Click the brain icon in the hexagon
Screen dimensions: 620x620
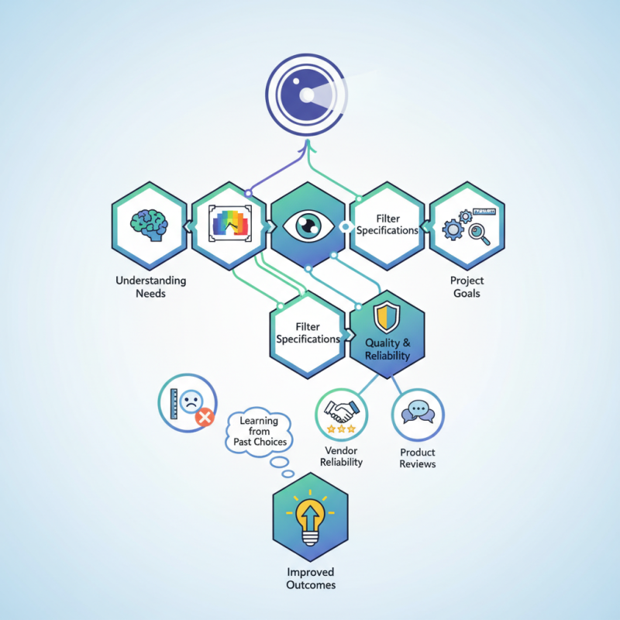[149, 225]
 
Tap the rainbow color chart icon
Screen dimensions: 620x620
[229, 223]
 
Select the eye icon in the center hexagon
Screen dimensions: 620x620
[308, 225]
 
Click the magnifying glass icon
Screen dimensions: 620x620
[479, 234]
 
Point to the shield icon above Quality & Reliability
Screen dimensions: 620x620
[387, 317]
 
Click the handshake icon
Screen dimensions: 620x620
[342, 411]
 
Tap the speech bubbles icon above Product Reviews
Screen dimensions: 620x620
[418, 412]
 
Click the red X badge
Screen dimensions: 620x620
[205, 418]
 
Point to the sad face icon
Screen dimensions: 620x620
[191, 401]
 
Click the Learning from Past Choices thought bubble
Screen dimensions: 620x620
[260, 432]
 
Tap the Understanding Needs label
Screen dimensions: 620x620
[150, 287]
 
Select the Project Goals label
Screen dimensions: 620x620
[467, 287]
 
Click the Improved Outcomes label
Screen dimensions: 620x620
[311, 578]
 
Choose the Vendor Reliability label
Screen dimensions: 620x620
[341, 456]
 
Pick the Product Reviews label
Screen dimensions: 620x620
[418, 458]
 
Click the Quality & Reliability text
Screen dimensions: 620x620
[387, 350]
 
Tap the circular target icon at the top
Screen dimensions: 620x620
[306, 95]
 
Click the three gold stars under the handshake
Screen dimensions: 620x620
[341, 429]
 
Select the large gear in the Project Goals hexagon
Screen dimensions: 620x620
[453, 229]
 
